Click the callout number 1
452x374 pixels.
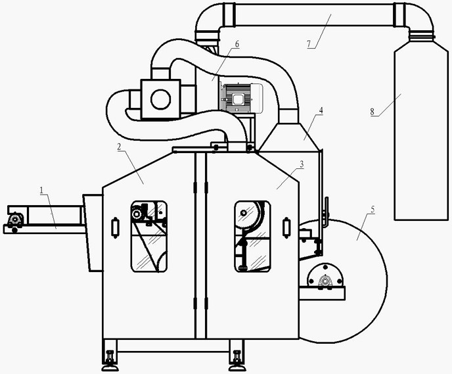click(41, 191)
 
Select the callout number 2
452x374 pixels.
click(120, 147)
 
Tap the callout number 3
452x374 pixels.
click(302, 164)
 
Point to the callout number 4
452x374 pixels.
click(321, 110)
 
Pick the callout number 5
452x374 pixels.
click(373, 209)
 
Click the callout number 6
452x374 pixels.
click(237, 44)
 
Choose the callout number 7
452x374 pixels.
click(309, 44)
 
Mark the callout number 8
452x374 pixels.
click(372, 112)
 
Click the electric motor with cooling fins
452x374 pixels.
click(242, 98)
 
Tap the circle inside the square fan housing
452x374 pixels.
click(160, 99)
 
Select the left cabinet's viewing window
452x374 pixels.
click(149, 237)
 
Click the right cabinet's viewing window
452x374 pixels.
click(252, 237)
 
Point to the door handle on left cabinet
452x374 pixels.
click(116, 228)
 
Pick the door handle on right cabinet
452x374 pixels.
click(286, 228)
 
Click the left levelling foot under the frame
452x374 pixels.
click(110, 361)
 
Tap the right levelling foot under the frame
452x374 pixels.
click(237, 361)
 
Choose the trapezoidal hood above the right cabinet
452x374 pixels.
click(289, 137)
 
